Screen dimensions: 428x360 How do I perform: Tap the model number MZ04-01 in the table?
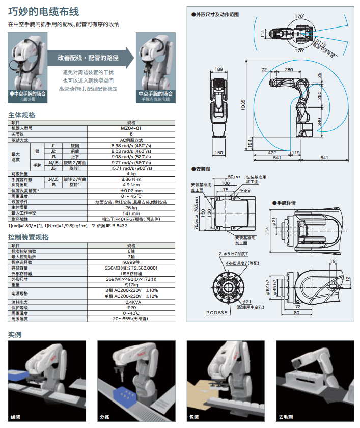(x=131, y=128)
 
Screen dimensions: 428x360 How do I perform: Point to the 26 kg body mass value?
(x=131, y=207)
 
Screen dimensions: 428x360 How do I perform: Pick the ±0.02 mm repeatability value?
(x=131, y=191)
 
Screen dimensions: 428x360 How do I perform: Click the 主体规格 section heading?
(x=22, y=115)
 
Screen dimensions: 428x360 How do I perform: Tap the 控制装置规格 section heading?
(x=29, y=237)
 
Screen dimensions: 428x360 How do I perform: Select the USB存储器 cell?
(x=131, y=273)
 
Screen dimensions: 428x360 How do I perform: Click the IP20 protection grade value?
(x=131, y=307)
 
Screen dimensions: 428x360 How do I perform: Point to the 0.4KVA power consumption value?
(x=131, y=302)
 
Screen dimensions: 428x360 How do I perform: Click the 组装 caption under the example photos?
(x=16, y=417)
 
